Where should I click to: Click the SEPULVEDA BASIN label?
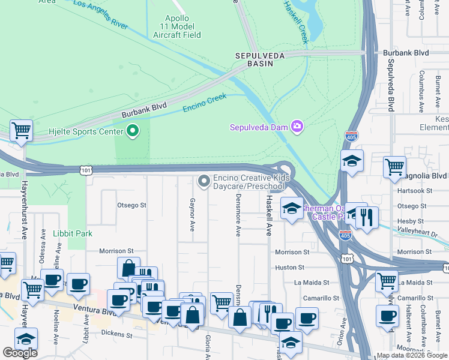(258, 59)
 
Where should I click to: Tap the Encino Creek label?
(205, 103)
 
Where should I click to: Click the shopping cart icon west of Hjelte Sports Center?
(21, 130)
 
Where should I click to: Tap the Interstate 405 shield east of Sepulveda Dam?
(352, 137)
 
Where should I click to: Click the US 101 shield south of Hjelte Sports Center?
(86, 171)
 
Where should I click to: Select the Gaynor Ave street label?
(192, 215)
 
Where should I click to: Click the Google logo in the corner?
(20, 353)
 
